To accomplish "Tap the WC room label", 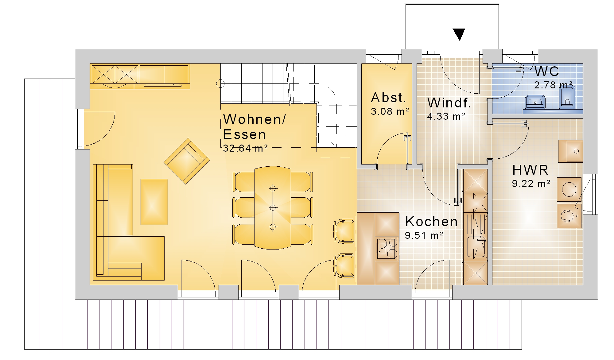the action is tap(547, 71).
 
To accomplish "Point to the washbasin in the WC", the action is tap(535, 102).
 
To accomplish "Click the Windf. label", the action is tap(449, 103).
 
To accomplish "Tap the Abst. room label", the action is tap(388, 98).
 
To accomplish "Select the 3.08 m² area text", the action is tap(390, 111).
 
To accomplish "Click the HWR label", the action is tap(530, 170).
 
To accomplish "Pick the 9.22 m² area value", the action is tap(531, 184).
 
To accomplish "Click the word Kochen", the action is tap(431, 222).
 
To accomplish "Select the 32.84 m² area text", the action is tap(245, 148).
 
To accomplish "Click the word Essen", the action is tap(244, 134).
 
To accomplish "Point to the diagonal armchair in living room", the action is tap(187, 161).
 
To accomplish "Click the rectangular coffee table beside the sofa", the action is tap(154, 202).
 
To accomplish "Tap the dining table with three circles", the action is tap(273, 208).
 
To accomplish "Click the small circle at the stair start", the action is tap(220, 83).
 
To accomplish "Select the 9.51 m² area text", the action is tap(424, 235).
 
